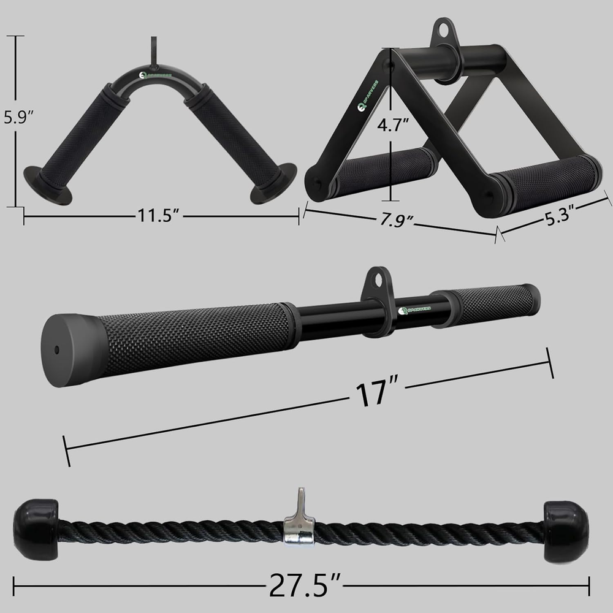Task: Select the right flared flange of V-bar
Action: click(274, 183)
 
